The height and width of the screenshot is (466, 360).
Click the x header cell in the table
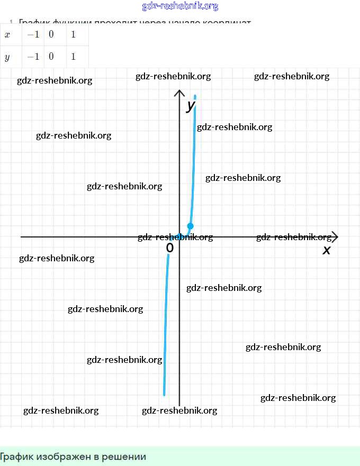(7, 35)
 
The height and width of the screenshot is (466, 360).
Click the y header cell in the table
(7, 57)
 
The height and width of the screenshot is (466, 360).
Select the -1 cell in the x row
(33, 35)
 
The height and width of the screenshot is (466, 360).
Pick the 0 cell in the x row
(51, 35)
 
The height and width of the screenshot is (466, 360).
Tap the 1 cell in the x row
(73, 35)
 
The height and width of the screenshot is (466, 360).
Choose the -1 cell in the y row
(33, 57)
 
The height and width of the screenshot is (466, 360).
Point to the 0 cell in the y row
(51, 57)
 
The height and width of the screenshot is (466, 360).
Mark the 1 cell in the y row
(73, 57)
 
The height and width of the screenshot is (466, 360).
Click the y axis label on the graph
(191, 106)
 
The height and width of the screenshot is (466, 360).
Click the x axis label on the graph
(327, 250)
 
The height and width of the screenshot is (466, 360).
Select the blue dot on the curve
(191, 226)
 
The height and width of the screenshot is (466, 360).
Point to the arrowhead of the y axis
(179, 93)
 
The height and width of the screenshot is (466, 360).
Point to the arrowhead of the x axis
(335, 237)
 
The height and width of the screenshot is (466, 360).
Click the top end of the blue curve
(195, 96)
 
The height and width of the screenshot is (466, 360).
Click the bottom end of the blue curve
(164, 394)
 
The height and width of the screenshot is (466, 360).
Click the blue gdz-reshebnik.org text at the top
(180, 6)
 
